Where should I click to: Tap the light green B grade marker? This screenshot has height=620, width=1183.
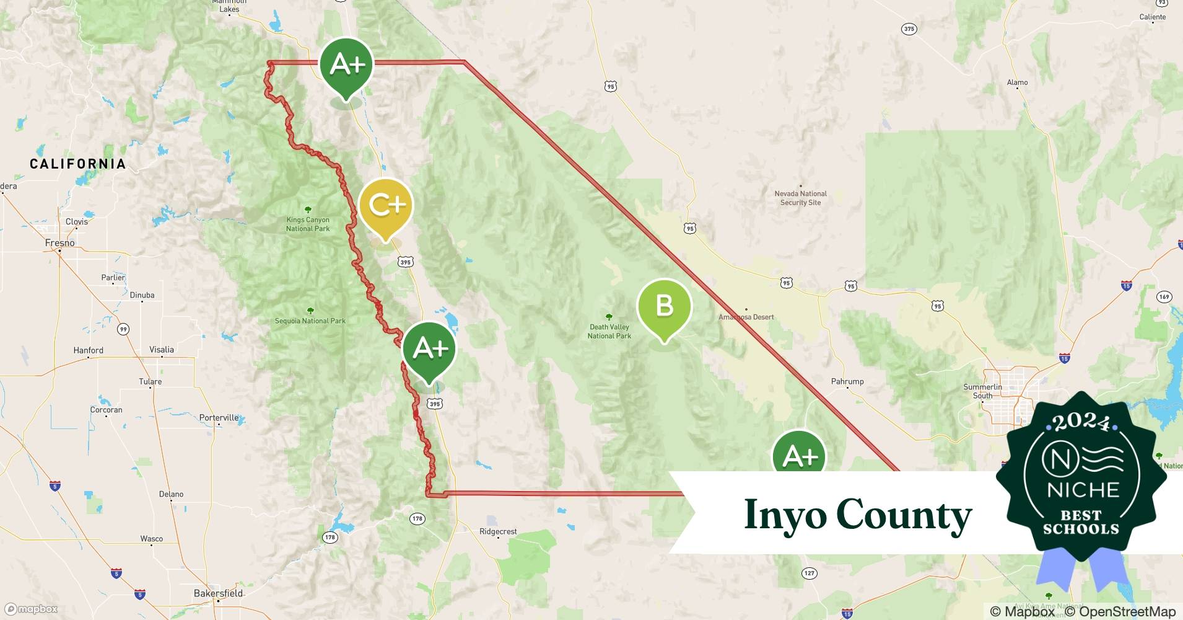pyautogui.click(x=664, y=307)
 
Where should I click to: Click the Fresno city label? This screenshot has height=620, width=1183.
pyautogui.click(x=60, y=243)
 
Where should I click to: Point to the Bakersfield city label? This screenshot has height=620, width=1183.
pyautogui.click(x=218, y=593)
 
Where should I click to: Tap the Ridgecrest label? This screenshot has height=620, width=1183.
pyautogui.click(x=498, y=531)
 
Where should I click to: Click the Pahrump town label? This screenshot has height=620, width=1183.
pyautogui.click(x=847, y=381)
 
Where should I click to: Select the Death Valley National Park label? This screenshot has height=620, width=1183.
pyautogui.click(x=609, y=331)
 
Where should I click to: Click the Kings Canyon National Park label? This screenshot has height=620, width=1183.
pyautogui.click(x=308, y=224)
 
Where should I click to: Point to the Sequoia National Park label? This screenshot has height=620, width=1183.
pyautogui.click(x=310, y=321)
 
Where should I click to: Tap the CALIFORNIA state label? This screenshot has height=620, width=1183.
pyautogui.click(x=78, y=164)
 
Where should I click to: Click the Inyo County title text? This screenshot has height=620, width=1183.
pyautogui.click(x=858, y=515)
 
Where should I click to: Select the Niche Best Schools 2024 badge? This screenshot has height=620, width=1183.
pyautogui.click(x=1081, y=477)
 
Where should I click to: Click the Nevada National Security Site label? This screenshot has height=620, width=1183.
pyautogui.click(x=800, y=198)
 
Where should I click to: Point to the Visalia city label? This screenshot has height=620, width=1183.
pyautogui.click(x=162, y=350)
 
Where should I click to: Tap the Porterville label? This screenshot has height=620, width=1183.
pyautogui.click(x=219, y=417)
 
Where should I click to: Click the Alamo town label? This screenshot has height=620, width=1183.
pyautogui.click(x=1017, y=82)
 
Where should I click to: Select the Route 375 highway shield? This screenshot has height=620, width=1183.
pyautogui.click(x=909, y=29)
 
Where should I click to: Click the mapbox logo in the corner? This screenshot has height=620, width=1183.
pyautogui.click(x=31, y=609)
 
